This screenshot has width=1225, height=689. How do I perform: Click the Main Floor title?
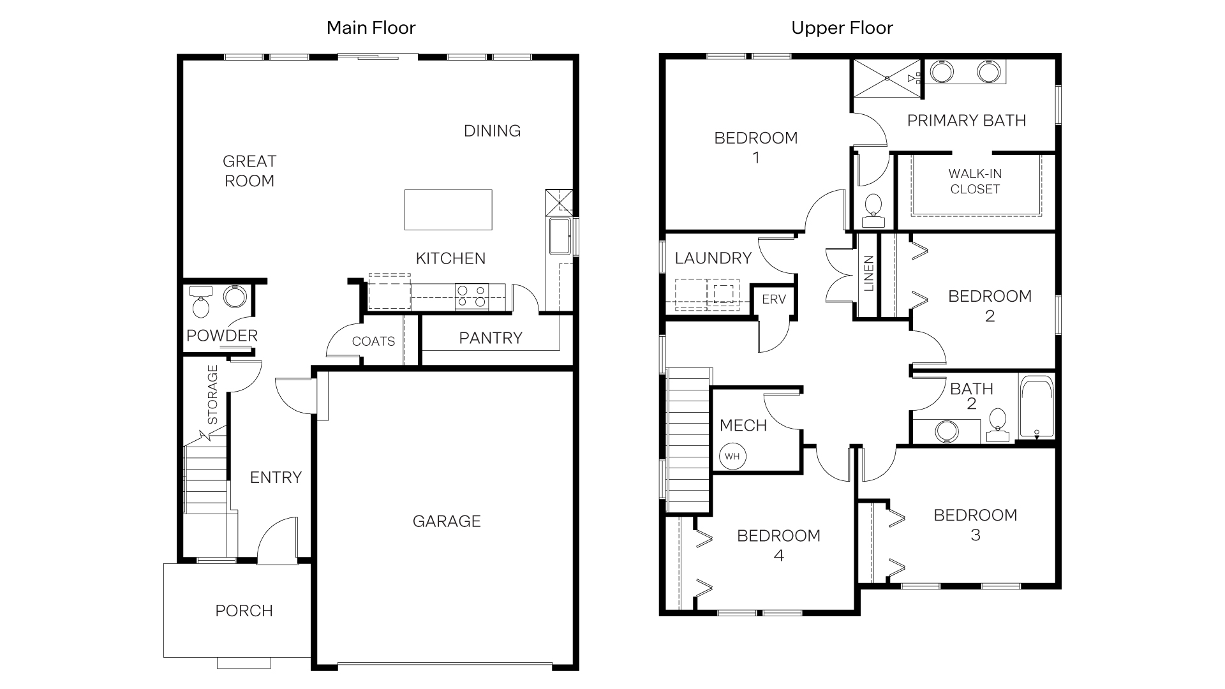[x=371, y=28]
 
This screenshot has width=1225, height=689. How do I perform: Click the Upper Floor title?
[x=842, y=28]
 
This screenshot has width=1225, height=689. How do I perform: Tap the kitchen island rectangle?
[x=448, y=210]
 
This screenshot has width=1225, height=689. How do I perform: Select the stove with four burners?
[x=471, y=297]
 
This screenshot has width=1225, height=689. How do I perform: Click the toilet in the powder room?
[x=200, y=304]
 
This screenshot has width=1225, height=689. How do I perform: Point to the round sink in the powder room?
[x=235, y=297]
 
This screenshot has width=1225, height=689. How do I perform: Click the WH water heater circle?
[x=732, y=456]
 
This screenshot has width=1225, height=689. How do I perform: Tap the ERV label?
[x=773, y=299]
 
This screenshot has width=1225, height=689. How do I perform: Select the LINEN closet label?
[x=868, y=274]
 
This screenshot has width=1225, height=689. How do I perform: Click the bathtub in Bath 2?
[x=1036, y=406]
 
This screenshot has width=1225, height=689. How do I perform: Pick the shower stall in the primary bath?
[x=887, y=78]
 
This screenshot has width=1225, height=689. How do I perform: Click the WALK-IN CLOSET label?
[x=974, y=181]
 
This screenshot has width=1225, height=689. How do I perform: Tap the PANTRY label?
[x=490, y=338]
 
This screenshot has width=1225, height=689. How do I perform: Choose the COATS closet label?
[x=373, y=341]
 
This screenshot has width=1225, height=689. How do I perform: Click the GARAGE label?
[x=447, y=521]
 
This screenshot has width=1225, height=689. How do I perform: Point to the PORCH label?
[x=244, y=611]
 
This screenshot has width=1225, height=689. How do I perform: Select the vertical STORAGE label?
[x=213, y=394]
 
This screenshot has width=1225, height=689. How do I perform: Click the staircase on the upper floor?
[x=688, y=440]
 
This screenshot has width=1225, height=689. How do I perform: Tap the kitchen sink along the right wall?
[x=560, y=235]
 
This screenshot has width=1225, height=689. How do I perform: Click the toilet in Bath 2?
[x=997, y=424]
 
